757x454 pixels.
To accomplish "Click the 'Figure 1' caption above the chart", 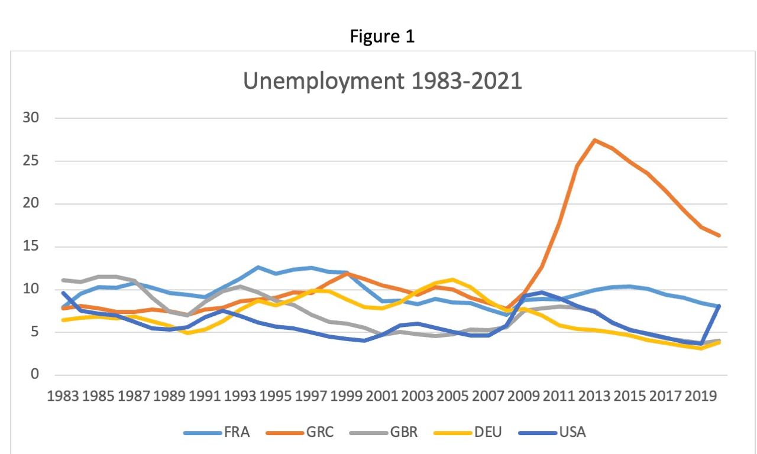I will pyautogui.click(x=382, y=37).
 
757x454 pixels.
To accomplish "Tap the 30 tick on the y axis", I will pyautogui.click(x=31, y=118).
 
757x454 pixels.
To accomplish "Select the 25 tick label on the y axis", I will pyautogui.click(x=31, y=161).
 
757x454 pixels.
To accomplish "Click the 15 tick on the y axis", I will pyautogui.click(x=31, y=247).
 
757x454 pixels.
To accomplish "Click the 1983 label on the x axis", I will pyautogui.click(x=64, y=395).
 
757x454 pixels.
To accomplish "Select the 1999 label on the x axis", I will pyautogui.click(x=348, y=395).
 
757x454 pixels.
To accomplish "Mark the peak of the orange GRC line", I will pyautogui.click(x=594, y=140).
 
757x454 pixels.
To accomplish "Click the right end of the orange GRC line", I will pyautogui.click(x=719, y=235).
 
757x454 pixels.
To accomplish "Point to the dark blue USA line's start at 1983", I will pyautogui.click(x=63, y=293).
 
